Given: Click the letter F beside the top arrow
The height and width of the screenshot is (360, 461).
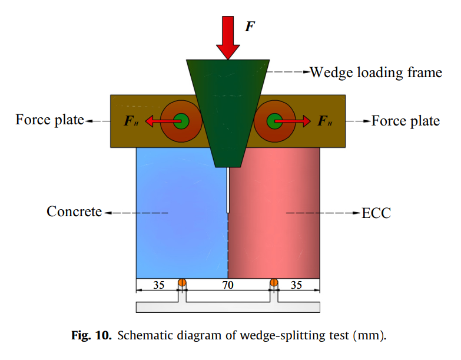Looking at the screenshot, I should pyautogui.click(x=250, y=27).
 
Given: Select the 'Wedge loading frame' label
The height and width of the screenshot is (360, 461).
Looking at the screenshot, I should pyautogui.click(x=376, y=72).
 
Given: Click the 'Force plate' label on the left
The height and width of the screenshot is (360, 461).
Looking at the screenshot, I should pyautogui.click(x=50, y=120).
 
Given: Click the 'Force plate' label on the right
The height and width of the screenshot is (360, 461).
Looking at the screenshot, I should pyautogui.click(x=406, y=121).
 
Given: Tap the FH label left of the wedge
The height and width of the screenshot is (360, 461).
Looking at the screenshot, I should pyautogui.click(x=132, y=121).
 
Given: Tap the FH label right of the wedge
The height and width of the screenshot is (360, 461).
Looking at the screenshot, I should pyautogui.click(x=325, y=121).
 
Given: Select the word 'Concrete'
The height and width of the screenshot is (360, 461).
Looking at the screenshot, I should pyautogui.click(x=74, y=211).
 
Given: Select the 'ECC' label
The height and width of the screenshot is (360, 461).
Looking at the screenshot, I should pyautogui.click(x=376, y=212).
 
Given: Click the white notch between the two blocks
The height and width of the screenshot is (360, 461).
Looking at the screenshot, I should pyautogui.click(x=228, y=189).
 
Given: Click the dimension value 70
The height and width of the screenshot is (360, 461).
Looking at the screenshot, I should pyautogui.click(x=228, y=285).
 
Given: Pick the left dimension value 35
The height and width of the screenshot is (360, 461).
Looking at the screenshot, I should pyautogui.click(x=158, y=285).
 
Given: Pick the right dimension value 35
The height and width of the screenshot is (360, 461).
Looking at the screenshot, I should pyautogui.click(x=297, y=285).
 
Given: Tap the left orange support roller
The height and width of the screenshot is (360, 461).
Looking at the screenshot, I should pyautogui.click(x=182, y=283).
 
